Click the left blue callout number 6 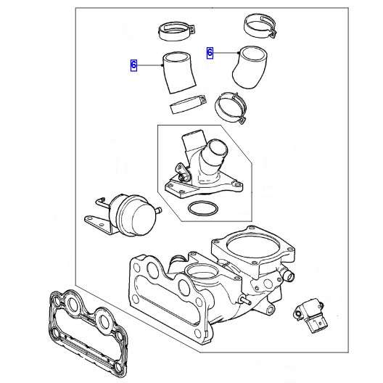click(133, 65)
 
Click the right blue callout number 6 click(210, 53)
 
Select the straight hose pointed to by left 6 click(179, 73)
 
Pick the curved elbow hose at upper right click(250, 67)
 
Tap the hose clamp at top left click(177, 31)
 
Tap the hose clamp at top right click(260, 26)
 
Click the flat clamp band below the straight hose click(188, 104)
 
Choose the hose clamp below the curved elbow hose click(231, 107)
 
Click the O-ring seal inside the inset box click(203, 209)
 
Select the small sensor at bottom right click(310, 314)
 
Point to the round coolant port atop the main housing click(201, 272)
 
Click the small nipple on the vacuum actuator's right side click(159, 210)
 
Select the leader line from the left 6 click(149, 65)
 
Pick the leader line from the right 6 click(226, 53)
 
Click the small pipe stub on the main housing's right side click(289, 276)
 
